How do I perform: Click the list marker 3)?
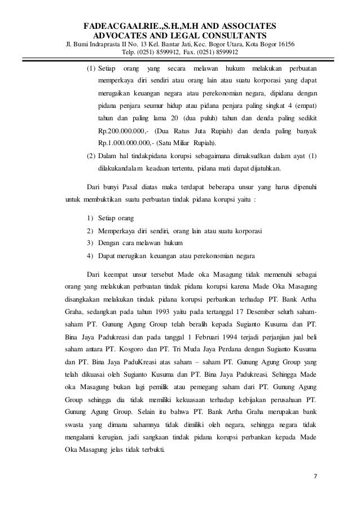click(90, 242)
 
